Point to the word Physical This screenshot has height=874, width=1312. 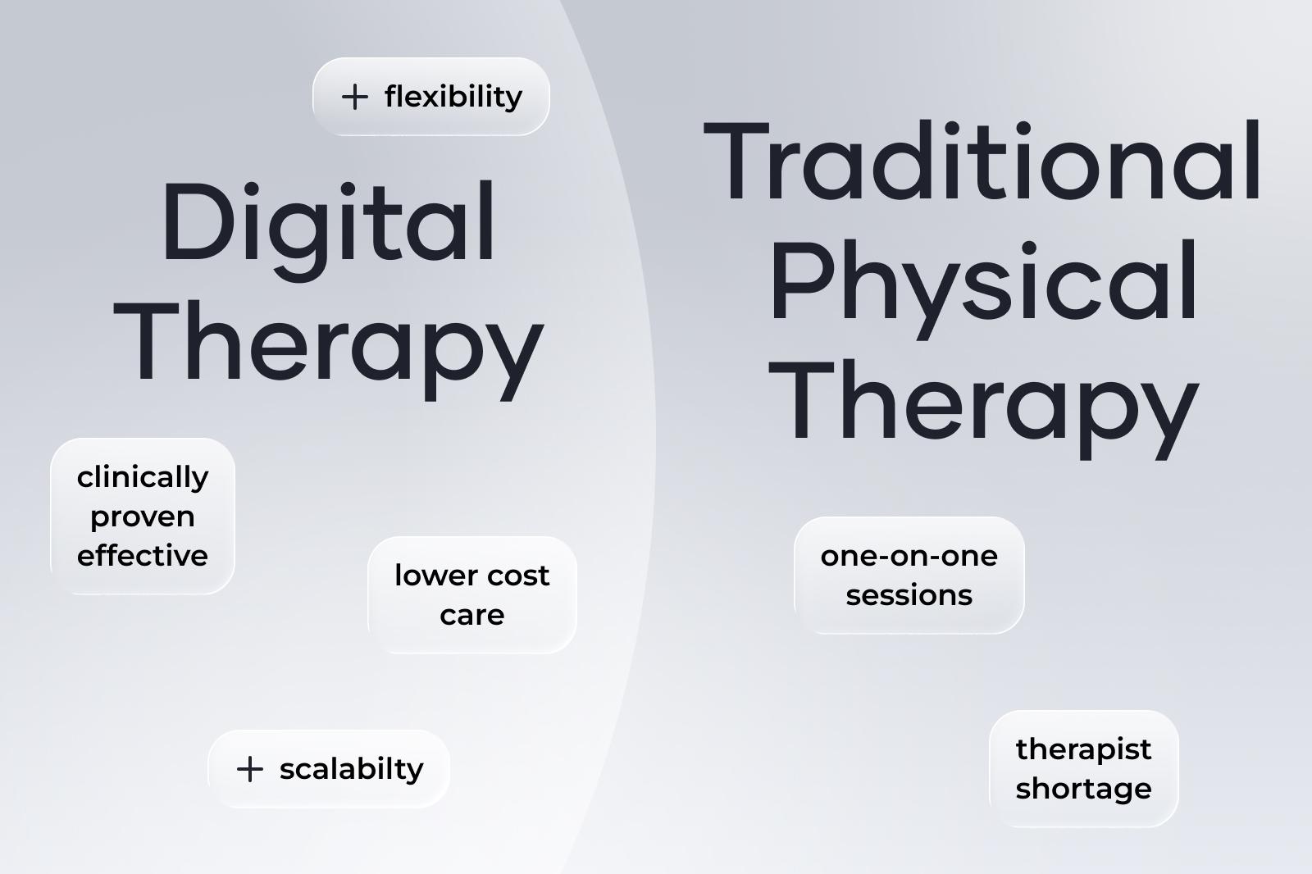click(x=983, y=284)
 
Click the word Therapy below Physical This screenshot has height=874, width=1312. click(x=983, y=405)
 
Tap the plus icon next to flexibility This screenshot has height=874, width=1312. click(x=354, y=97)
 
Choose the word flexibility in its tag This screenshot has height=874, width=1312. click(x=453, y=97)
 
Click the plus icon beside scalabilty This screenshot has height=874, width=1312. click(x=249, y=769)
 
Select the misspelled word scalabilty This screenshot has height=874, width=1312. click(x=351, y=769)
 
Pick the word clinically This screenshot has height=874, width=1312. click(x=143, y=477)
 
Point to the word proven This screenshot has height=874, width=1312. click(x=143, y=517)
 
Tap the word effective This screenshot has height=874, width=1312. click(x=143, y=556)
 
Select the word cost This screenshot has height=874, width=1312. click(x=517, y=576)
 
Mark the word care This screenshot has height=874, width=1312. click(x=472, y=615)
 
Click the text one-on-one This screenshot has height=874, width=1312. click(x=909, y=556)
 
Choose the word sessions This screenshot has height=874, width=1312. click(x=909, y=595)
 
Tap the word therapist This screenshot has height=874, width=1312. click(x=1083, y=749)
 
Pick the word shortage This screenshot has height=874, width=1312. click(x=1083, y=789)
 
